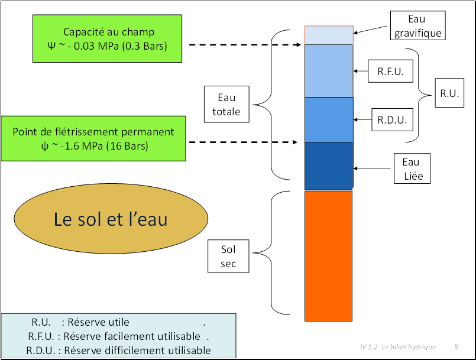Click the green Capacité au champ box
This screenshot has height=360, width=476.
107,38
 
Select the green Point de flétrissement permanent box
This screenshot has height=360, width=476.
93,138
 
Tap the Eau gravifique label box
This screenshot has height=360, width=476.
417,25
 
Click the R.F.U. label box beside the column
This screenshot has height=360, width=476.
390,72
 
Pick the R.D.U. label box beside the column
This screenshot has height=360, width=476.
392,120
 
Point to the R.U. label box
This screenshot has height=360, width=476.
449,93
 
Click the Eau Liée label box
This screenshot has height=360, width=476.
412,168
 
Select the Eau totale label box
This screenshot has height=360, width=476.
226,105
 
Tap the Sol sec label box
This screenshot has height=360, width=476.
228,256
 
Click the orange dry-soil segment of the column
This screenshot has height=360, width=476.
328,256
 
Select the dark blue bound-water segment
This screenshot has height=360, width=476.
328,166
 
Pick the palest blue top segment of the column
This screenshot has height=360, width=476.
329,35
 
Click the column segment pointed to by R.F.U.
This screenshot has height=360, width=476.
328,71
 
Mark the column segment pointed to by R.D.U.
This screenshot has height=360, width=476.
329,119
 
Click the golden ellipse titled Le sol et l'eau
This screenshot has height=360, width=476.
111,219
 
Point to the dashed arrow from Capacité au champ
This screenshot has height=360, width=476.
245,44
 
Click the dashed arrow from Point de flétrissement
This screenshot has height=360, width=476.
243,142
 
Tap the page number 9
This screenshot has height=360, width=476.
456,346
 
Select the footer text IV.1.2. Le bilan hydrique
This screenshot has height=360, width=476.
398,347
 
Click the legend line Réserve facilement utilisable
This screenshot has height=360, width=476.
118,336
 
